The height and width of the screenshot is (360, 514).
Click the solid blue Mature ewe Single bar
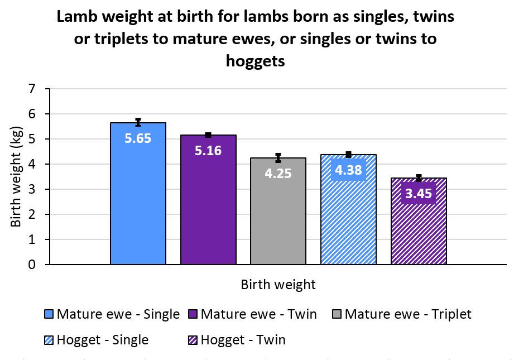138,207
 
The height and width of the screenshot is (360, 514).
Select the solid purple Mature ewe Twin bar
208,212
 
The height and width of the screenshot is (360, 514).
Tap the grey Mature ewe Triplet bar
278,223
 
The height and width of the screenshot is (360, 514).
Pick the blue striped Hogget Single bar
348,223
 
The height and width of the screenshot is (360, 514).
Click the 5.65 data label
138,138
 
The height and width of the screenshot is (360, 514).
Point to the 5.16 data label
208,150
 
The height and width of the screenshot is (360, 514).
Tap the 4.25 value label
278,173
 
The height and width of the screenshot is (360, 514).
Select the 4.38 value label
348,170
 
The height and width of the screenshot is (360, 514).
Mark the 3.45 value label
419,193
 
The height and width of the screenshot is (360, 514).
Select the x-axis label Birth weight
278,285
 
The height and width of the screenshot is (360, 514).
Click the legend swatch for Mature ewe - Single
49,314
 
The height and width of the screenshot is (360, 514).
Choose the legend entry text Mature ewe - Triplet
408,314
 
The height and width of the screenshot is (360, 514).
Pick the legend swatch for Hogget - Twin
193,340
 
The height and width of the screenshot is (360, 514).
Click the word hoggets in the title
256,60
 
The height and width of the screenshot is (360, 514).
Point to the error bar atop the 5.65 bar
138,122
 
